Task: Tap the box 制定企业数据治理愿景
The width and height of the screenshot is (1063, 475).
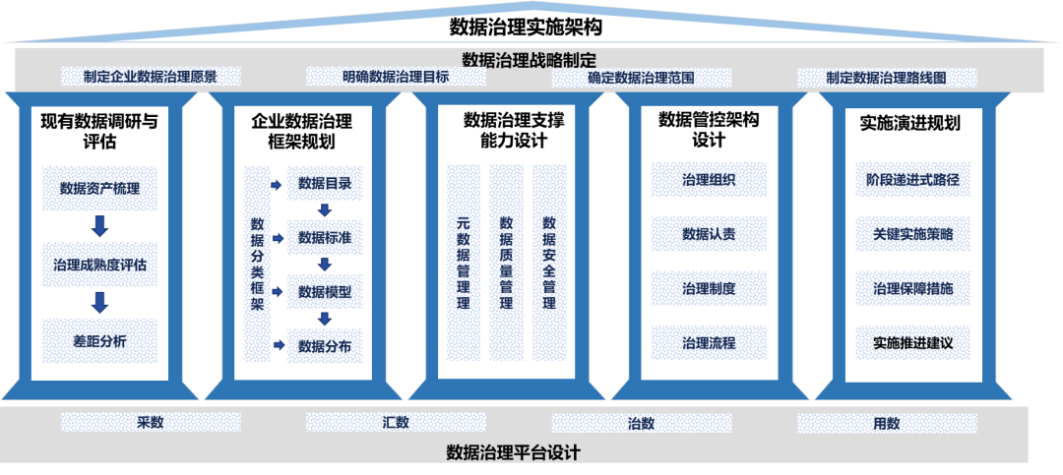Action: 151,77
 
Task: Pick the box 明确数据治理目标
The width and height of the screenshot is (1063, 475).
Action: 396,77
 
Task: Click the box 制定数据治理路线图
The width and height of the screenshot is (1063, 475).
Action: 886,77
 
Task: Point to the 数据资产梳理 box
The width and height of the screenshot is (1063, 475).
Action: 98,188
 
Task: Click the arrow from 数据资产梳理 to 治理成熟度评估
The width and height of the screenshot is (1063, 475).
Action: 98,226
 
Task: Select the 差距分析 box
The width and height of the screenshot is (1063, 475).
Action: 98,341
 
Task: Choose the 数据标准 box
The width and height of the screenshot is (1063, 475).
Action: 325,237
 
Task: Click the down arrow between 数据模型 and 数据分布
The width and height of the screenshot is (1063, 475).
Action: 325,319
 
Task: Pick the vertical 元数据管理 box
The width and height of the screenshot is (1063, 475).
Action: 464,263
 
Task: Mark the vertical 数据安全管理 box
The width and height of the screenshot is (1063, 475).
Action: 549,263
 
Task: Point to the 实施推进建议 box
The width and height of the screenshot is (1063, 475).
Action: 912,343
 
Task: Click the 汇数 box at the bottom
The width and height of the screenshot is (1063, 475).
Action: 396,423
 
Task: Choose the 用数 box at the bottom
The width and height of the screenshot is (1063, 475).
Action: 886,423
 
